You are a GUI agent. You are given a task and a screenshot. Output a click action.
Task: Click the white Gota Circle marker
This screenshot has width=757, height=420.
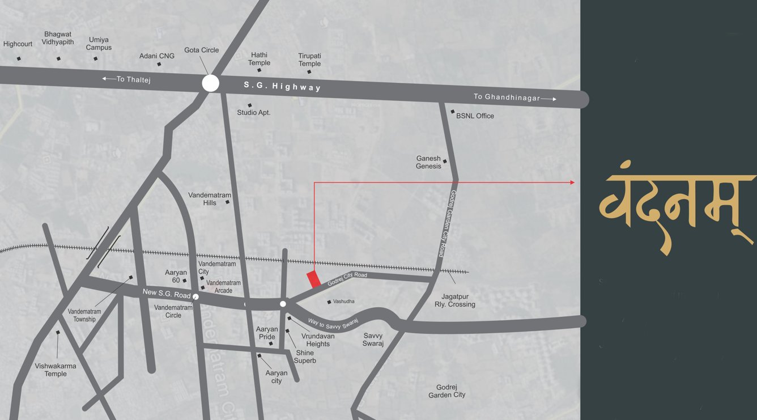(211, 84)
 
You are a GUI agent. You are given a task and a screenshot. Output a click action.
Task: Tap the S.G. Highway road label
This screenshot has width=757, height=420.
(282, 86)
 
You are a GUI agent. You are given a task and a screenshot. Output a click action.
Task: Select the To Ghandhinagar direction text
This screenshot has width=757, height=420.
(507, 97)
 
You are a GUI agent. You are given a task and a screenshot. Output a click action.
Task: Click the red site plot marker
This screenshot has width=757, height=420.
(313, 279)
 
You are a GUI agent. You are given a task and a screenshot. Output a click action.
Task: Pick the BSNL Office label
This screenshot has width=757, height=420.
(475, 116)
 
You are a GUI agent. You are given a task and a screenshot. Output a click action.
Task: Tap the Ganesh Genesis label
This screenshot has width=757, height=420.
(428, 162)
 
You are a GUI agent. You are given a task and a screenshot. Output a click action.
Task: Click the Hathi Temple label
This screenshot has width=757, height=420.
(259, 59)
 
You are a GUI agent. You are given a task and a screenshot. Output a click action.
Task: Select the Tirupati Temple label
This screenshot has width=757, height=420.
(309, 60)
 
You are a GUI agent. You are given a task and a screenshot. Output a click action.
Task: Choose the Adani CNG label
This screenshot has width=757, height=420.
(157, 56)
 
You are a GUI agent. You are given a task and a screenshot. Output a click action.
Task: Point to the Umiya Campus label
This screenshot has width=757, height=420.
(99, 44)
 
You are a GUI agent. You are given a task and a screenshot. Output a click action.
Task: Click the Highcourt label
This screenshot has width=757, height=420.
(18, 44)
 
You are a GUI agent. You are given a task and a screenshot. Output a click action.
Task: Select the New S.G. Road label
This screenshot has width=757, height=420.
(167, 294)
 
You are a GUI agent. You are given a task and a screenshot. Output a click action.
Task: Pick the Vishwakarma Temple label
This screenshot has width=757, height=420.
(56, 370)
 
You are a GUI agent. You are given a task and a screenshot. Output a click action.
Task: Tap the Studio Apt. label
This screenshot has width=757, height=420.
(254, 113)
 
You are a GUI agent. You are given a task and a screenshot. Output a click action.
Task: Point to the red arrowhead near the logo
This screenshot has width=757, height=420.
(572, 183)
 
